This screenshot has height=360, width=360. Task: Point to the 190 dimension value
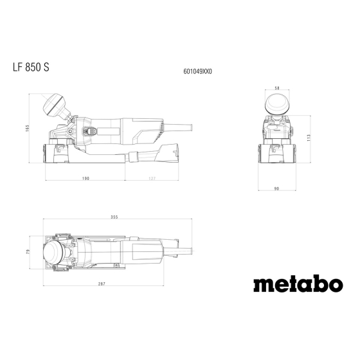tap(85, 178)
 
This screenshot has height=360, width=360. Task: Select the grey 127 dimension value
tap(152, 178)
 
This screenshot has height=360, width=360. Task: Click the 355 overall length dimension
tap(114, 217)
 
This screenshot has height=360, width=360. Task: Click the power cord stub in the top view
tap(177, 241)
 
